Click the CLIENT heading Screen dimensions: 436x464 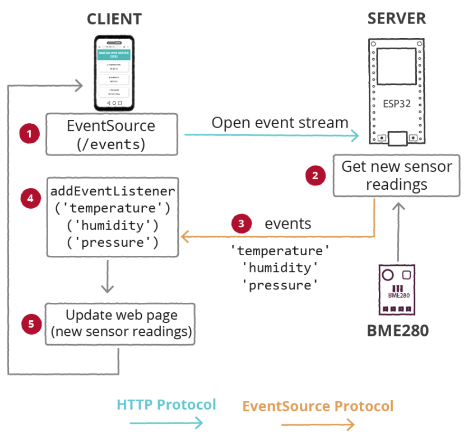pyautogui.click(x=114, y=18)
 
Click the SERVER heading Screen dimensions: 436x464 pyautogui.click(x=396, y=18)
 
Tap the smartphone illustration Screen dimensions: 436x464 pyautogui.click(x=114, y=73)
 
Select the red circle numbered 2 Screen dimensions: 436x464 pyautogui.click(x=315, y=175)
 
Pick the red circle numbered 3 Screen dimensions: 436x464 pyautogui.click(x=241, y=223)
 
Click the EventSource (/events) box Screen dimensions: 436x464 pyautogui.click(x=112, y=134)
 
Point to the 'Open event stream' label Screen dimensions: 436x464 pyautogui.click(x=280, y=123)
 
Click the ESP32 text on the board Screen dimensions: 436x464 pyautogui.click(x=396, y=104)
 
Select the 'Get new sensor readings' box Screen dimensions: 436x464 pyautogui.click(x=396, y=175)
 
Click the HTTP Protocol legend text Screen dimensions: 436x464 pyautogui.click(x=166, y=404)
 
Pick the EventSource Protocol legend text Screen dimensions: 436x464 pyautogui.click(x=318, y=406)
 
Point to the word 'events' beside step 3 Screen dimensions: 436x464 pyautogui.click(x=287, y=224)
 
